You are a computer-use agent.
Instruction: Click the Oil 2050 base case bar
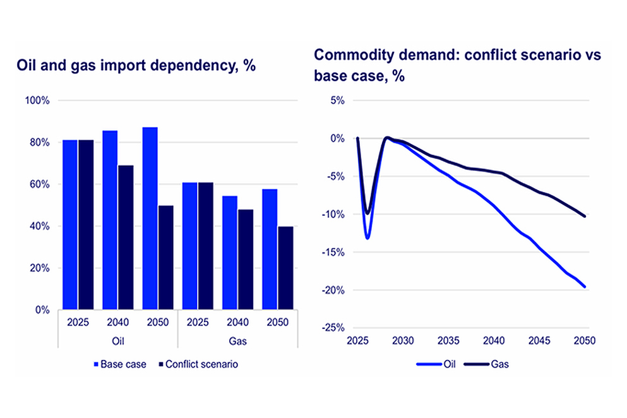150,218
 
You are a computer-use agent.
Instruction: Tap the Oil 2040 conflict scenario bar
126,237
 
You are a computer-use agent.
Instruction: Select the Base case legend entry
119,364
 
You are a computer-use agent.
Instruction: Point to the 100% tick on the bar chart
41,100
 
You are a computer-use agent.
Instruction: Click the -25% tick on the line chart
335,328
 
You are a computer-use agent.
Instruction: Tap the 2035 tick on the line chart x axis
448,340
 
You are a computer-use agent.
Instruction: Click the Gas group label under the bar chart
236,341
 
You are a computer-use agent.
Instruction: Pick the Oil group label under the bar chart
118,341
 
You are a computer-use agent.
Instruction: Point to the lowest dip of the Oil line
367,238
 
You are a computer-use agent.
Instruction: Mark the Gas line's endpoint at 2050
585,216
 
